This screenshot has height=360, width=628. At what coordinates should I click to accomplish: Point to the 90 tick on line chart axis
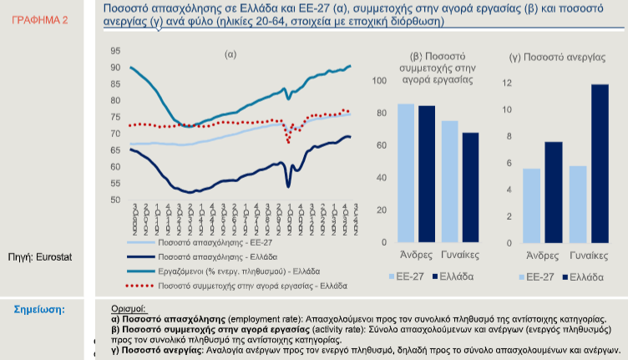(114, 68)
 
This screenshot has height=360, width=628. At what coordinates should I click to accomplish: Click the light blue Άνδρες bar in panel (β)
(406, 173)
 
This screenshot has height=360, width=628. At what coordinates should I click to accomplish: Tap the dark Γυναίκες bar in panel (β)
(470, 187)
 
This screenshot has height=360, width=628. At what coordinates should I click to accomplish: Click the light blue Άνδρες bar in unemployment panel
(531, 205)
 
